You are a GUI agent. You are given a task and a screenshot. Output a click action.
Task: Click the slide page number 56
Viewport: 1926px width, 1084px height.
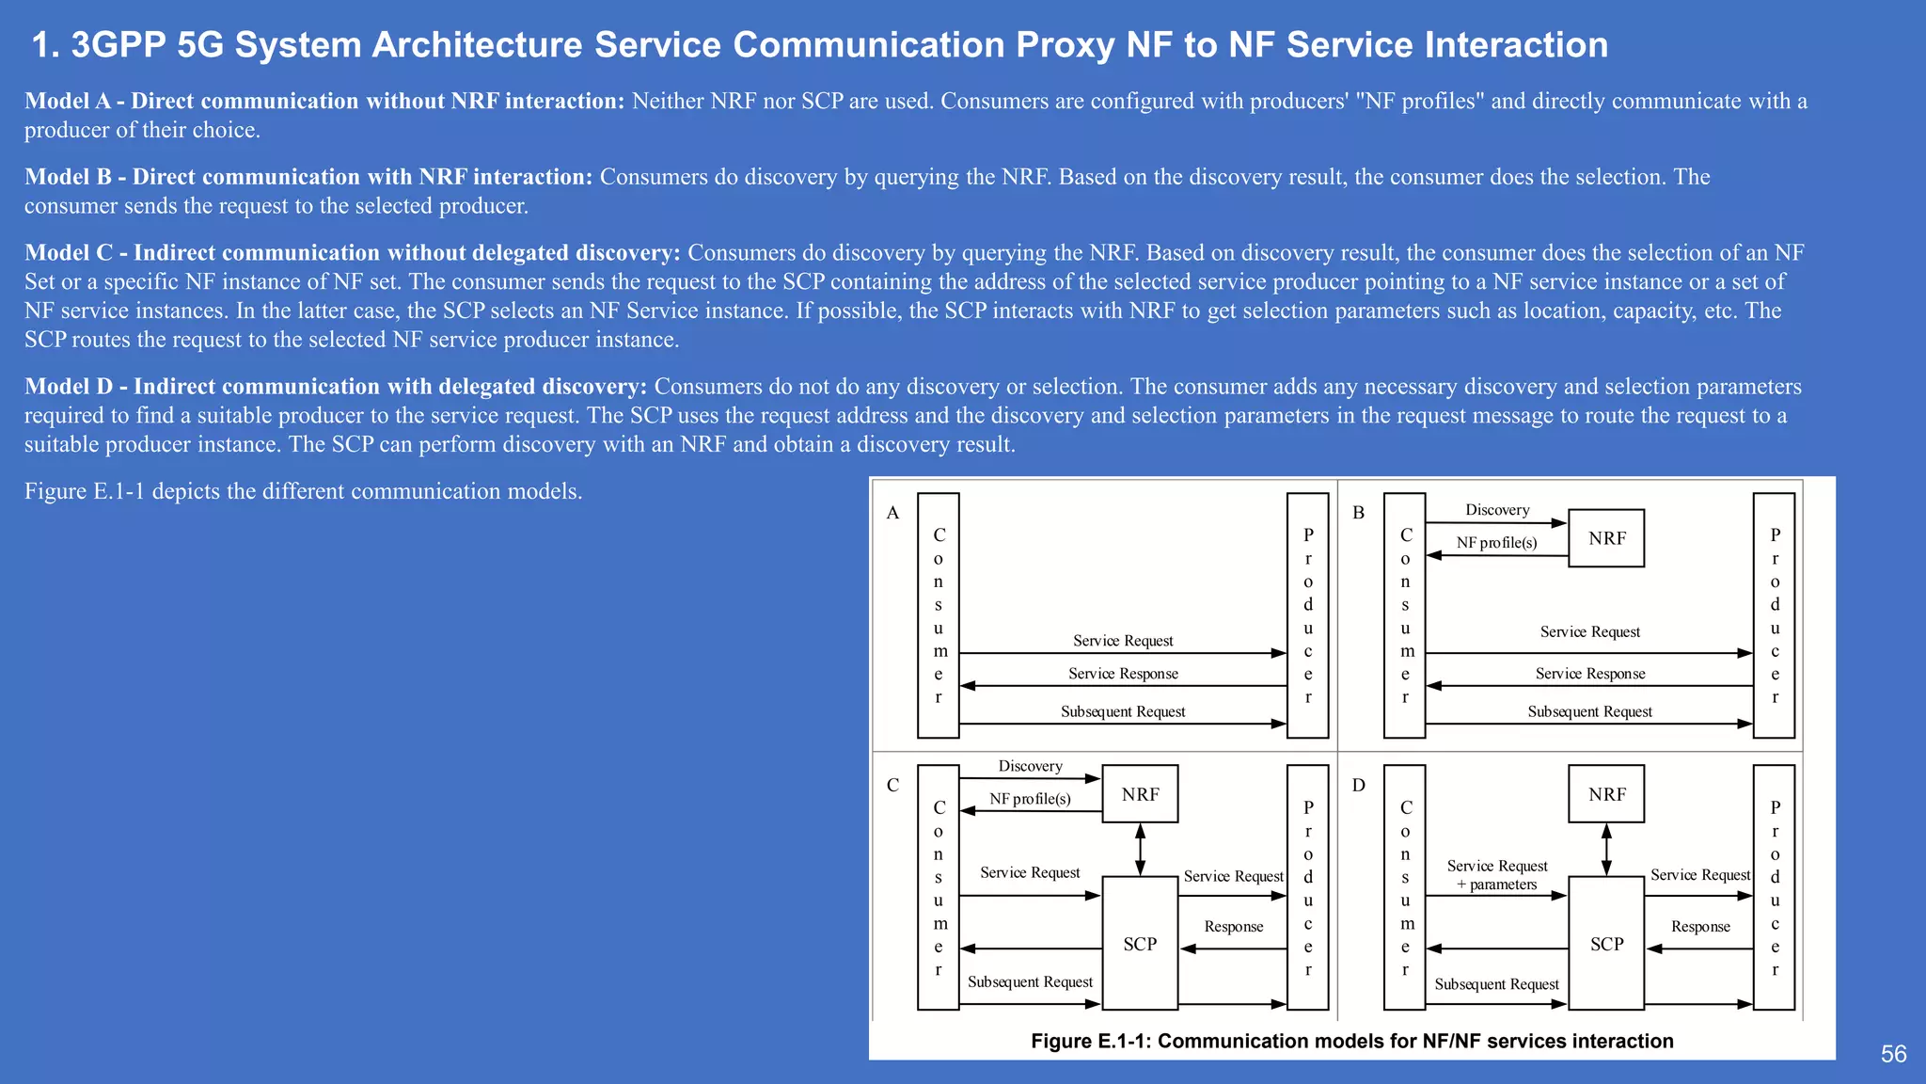1893,1054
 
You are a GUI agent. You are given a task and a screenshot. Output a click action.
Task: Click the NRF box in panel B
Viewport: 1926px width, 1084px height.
1606,538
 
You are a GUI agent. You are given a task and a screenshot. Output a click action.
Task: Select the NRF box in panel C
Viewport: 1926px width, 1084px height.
1140,794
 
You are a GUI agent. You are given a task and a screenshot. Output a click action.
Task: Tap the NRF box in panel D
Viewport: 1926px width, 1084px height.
1606,794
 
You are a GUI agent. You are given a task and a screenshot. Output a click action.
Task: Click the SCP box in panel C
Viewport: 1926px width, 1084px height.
1140,943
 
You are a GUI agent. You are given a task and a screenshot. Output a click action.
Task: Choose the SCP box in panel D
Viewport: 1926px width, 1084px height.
1606,943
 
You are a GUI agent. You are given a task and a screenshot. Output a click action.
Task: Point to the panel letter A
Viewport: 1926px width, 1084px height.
892,513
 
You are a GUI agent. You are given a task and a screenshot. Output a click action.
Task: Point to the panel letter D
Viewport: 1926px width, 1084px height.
1358,785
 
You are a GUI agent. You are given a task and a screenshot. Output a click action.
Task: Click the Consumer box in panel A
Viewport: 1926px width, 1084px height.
938,615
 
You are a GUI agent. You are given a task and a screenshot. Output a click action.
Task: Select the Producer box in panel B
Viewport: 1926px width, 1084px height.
1775,615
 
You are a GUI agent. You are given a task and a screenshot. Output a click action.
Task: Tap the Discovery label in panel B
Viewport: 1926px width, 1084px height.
1497,510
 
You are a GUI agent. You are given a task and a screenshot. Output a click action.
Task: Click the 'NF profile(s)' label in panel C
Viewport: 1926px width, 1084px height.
1030,799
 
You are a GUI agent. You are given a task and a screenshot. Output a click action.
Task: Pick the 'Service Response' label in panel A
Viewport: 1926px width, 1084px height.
1123,674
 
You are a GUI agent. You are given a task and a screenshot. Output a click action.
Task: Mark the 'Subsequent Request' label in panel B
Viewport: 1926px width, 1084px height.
1589,711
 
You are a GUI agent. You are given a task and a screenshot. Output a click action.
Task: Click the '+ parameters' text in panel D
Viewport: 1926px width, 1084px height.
1497,885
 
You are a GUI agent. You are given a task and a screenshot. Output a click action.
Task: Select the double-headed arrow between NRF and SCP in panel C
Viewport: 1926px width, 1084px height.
1140,850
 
